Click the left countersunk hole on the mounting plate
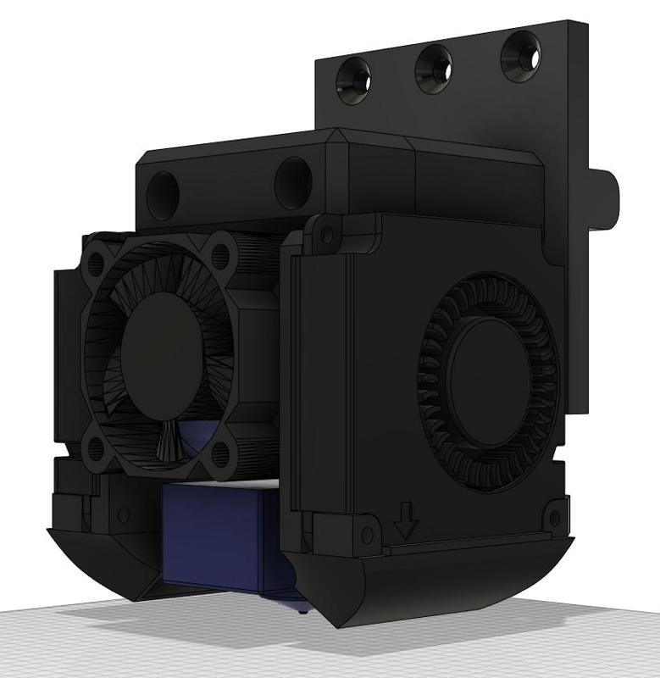pos(354,80)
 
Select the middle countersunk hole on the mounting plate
pos(433,69)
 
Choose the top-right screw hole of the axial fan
pos(222,253)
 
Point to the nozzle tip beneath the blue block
pos(302,607)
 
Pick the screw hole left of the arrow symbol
pos(366,533)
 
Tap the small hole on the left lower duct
pos(124,514)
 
